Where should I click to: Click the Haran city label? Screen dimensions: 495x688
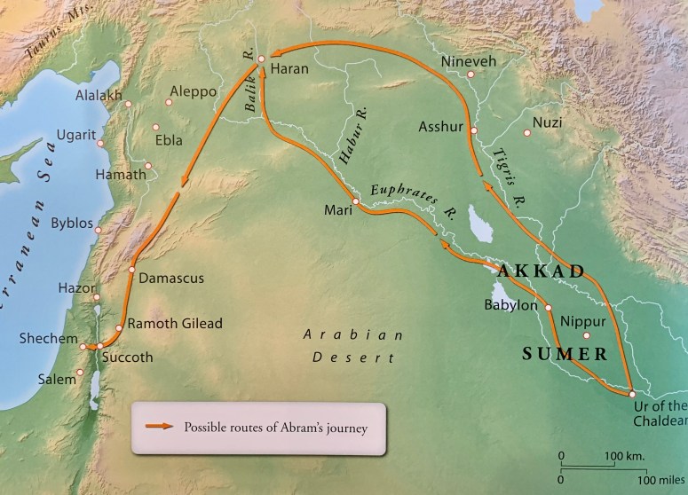tap(289, 67)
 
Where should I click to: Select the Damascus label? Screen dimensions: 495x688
tap(172, 278)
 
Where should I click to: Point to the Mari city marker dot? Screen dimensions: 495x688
tap(354, 202)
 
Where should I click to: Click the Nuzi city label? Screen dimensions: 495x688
tap(547, 122)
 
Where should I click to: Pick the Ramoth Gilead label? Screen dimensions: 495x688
tap(175, 324)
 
